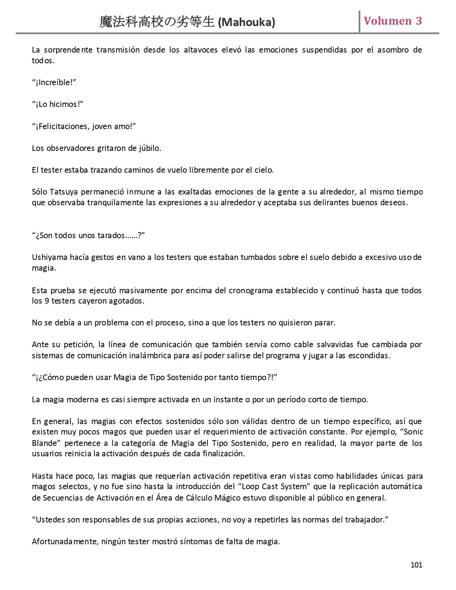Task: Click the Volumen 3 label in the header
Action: (393, 21)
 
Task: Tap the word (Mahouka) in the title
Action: (246, 23)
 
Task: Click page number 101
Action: (416, 565)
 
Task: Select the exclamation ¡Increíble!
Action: (54, 83)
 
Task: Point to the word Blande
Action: (45, 443)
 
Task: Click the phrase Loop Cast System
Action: (274, 487)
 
